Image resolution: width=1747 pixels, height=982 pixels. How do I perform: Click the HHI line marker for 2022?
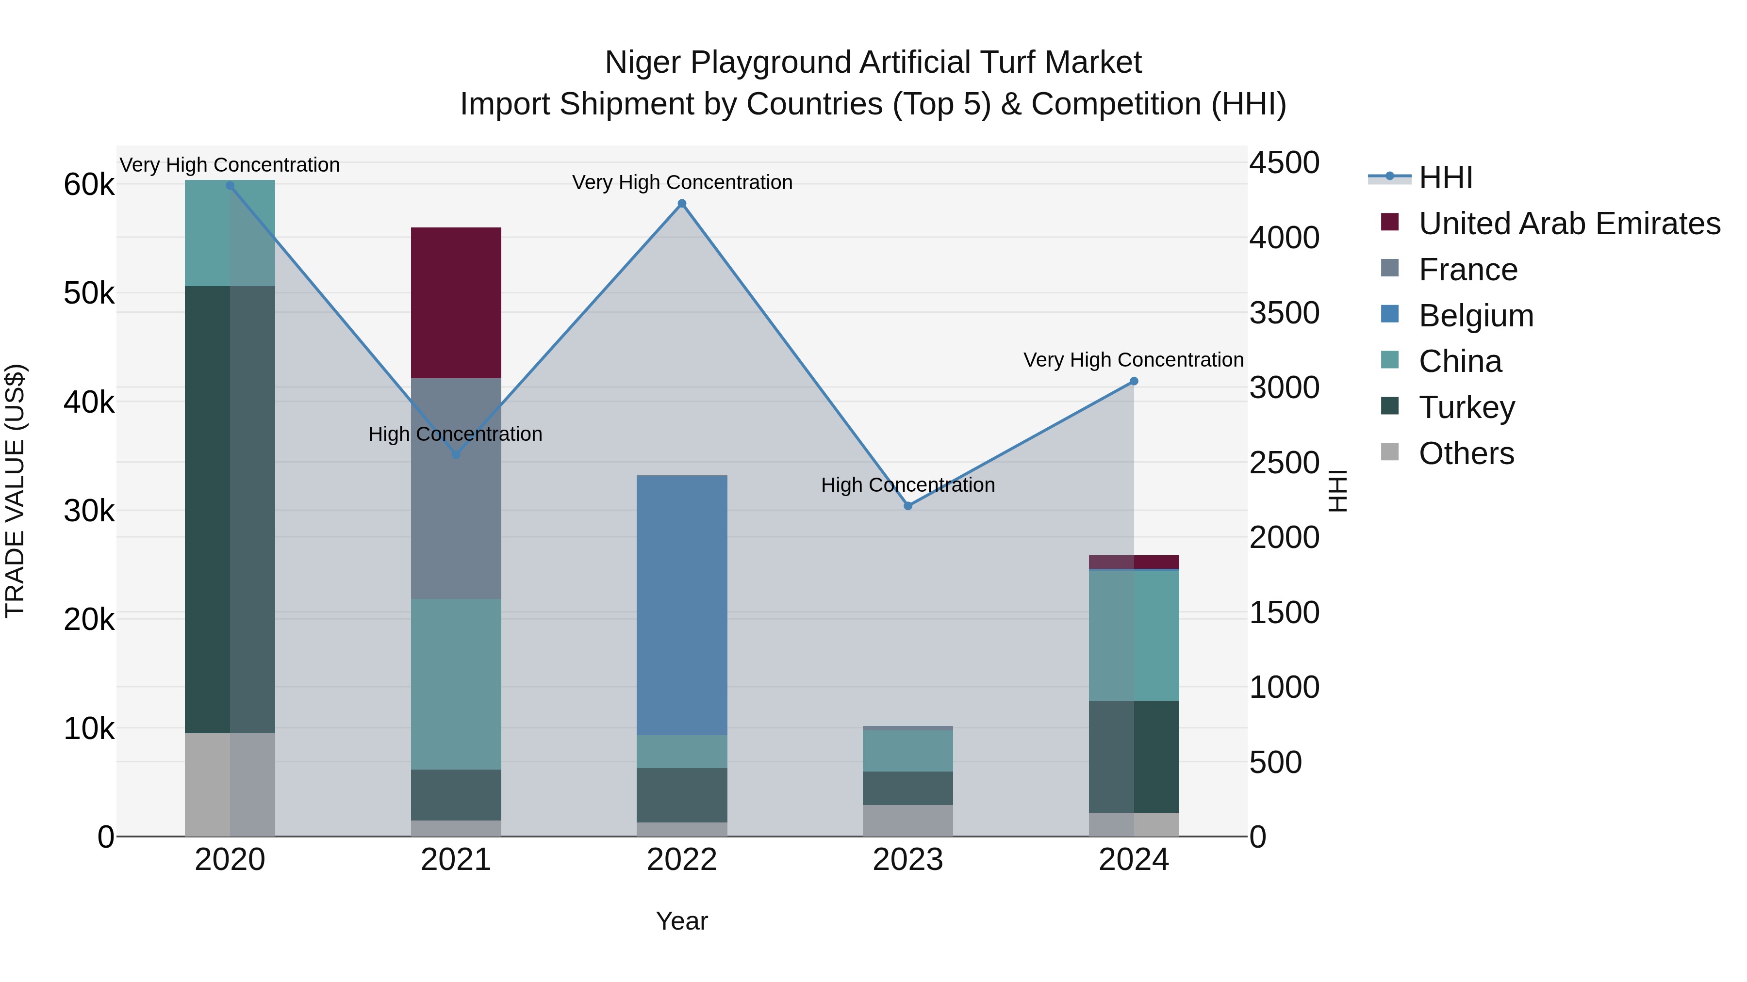(682, 203)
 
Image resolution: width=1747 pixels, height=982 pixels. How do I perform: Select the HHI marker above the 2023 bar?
(908, 506)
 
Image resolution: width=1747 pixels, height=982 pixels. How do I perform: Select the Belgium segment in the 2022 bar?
(682, 605)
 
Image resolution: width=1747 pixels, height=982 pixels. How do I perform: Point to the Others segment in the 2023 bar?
(908, 820)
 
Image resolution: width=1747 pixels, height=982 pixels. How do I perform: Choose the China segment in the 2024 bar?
(1134, 635)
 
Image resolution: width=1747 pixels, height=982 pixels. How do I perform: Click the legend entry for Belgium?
(1476, 316)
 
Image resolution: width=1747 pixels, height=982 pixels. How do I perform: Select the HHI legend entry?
(1445, 177)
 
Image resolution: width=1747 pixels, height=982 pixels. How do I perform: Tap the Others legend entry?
(1466, 453)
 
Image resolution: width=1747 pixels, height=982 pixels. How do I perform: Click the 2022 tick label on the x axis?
(682, 860)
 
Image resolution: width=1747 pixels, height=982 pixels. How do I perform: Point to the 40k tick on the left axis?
(89, 402)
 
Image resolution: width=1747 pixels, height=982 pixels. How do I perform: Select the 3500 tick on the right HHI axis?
(1284, 313)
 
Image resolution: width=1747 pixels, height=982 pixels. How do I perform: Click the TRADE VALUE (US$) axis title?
(15, 491)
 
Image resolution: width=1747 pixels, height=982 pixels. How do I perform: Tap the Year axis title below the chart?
(682, 921)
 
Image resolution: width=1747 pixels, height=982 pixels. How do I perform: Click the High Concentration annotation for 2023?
(908, 485)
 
